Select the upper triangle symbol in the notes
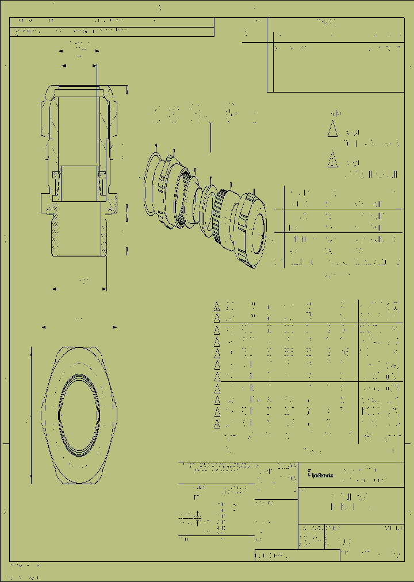[331, 131]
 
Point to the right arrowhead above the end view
[115, 328]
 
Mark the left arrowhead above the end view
[44, 328]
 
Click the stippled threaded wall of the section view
[55, 230]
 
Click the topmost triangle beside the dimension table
[217, 305]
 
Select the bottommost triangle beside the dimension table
[217, 424]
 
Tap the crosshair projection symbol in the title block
[198, 518]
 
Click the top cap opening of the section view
[79, 88]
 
